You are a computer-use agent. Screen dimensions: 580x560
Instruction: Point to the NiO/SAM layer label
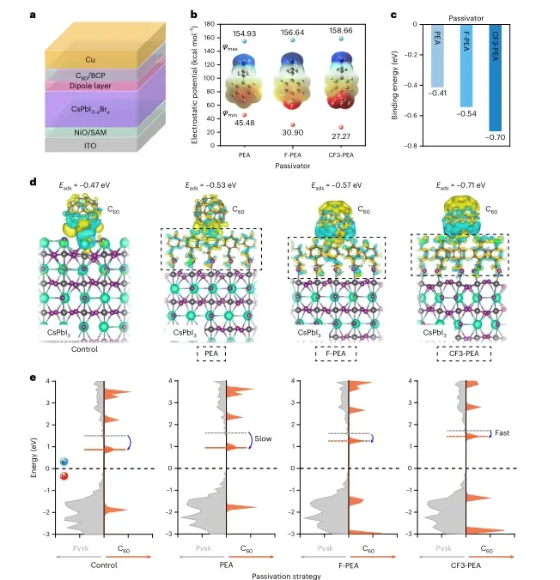point(91,132)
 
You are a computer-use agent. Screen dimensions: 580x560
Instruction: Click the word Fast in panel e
point(503,433)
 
